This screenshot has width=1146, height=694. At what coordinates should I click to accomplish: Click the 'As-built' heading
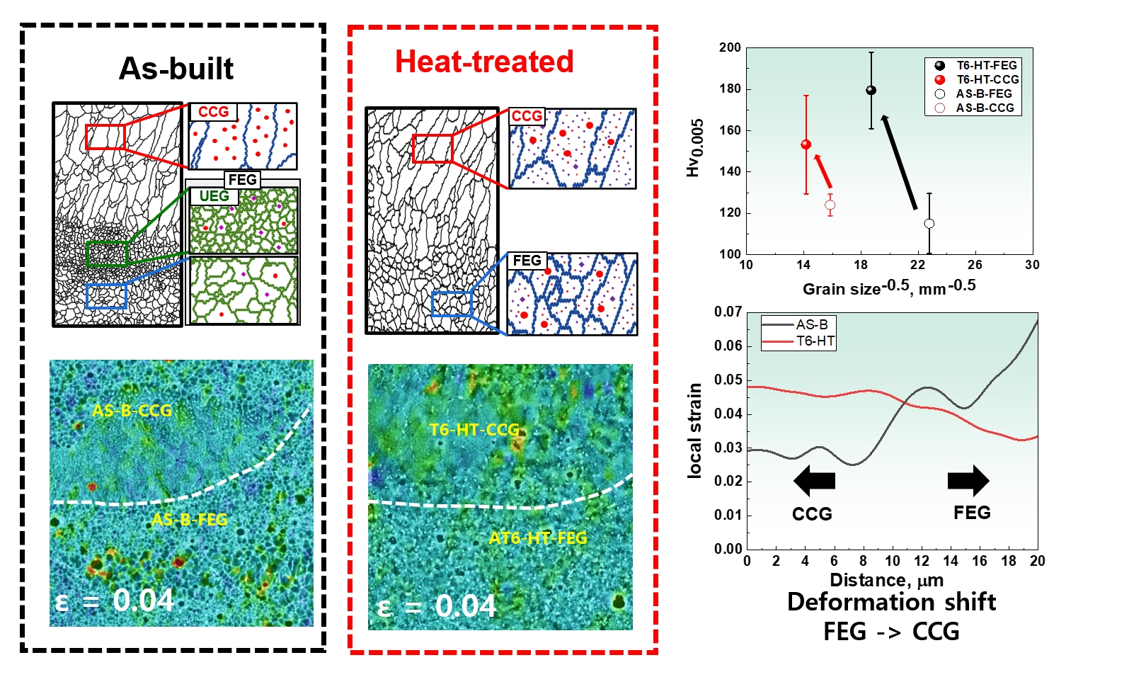coord(176,68)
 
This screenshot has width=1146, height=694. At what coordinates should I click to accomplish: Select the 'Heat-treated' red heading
coord(484,62)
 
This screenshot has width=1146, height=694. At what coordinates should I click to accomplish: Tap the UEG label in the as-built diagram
coord(214,196)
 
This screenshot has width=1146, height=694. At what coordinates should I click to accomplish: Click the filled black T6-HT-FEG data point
coord(871,90)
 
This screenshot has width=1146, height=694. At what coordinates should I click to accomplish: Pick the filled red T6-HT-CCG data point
coord(806,144)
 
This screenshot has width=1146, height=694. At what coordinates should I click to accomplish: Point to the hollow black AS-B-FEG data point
coord(929,224)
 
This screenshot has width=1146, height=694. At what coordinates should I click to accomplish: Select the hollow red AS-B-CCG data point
coord(830,205)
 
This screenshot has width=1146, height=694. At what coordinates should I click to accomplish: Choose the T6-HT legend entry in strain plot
coord(799,341)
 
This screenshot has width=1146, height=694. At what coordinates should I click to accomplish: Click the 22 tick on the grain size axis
coord(918,265)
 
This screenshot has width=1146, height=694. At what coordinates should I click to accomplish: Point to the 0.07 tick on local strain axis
coord(728,312)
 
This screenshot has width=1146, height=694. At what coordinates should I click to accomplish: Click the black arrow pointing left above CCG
coord(815,481)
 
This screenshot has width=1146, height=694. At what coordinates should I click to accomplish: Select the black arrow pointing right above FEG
coord(968,481)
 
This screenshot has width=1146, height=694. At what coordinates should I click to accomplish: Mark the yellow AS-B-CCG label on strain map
coord(132,411)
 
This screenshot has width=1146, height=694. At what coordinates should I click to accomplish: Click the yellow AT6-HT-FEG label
coord(538,538)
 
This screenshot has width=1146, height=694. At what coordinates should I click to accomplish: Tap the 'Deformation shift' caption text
coord(891,602)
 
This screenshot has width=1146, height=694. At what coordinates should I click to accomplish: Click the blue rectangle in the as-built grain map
coord(106,296)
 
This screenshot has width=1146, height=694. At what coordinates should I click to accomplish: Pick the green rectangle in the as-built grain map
coord(107,254)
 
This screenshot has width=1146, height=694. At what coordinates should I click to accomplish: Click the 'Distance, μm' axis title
coord(887,580)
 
